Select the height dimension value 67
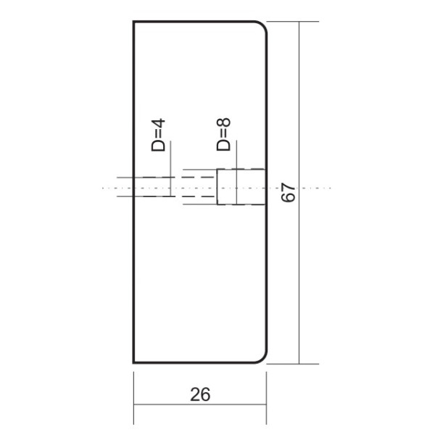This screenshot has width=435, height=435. [x=288, y=193]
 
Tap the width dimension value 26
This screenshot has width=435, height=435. [x=200, y=394]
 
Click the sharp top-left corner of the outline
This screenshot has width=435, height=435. [x=134, y=22]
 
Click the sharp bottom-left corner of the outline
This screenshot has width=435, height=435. [x=134, y=362]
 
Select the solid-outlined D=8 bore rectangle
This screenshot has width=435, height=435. [x=241, y=186]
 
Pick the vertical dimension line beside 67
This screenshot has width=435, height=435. [x=299, y=109]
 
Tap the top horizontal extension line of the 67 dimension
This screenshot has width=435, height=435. [x=290, y=22]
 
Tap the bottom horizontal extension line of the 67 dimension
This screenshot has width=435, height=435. [x=290, y=363]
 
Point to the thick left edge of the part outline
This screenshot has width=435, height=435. [x=134, y=275]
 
